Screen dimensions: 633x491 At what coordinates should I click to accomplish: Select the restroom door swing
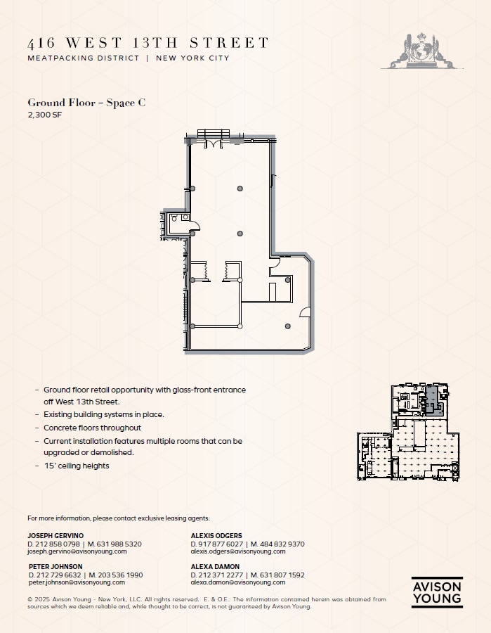point(195,226)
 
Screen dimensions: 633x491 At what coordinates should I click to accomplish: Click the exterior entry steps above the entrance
point(213,134)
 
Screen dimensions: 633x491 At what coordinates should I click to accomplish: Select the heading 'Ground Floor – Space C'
point(86,103)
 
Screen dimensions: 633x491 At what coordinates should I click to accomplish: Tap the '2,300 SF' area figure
point(45,115)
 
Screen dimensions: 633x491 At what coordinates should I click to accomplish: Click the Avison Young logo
point(436,592)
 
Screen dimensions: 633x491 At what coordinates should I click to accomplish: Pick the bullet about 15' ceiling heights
point(77,466)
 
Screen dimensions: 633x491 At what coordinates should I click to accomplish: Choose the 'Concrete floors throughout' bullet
point(92,428)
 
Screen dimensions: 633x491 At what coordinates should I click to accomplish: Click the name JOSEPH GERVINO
point(55,535)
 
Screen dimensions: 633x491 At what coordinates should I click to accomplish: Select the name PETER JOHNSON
point(55,566)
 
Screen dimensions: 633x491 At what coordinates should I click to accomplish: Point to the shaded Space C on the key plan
point(433,403)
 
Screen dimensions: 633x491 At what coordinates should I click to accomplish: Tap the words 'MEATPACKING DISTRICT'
point(84,58)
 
